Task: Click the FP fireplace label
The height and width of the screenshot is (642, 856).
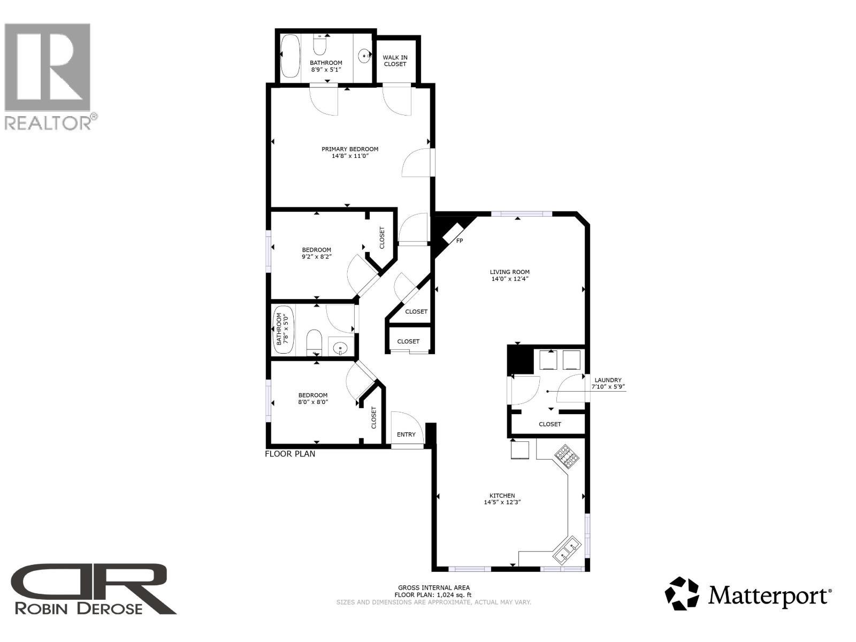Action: (x=459, y=241)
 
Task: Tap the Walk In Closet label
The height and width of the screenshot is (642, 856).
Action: (x=395, y=61)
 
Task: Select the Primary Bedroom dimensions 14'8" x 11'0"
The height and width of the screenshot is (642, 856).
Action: (x=350, y=156)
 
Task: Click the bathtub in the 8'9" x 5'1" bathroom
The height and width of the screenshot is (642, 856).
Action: (x=291, y=56)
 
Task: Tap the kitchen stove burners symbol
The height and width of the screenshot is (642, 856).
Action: (x=567, y=456)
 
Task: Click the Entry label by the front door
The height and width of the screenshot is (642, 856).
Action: (x=406, y=434)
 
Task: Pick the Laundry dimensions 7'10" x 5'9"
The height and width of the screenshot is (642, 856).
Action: (x=608, y=386)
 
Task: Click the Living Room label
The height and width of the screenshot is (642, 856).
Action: (x=510, y=272)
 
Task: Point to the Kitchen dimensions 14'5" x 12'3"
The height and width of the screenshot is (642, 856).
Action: (x=502, y=502)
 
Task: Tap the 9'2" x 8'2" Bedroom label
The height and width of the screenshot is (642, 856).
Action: (x=316, y=250)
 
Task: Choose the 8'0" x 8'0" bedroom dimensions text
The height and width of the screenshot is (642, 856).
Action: (x=313, y=402)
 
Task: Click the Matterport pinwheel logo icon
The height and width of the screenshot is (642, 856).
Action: (x=682, y=593)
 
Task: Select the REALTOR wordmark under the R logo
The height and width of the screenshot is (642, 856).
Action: (x=48, y=123)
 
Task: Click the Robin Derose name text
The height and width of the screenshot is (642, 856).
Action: (x=79, y=608)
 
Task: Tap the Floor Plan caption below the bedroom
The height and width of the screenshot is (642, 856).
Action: (x=290, y=454)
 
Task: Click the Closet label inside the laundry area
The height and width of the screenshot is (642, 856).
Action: (x=549, y=424)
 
